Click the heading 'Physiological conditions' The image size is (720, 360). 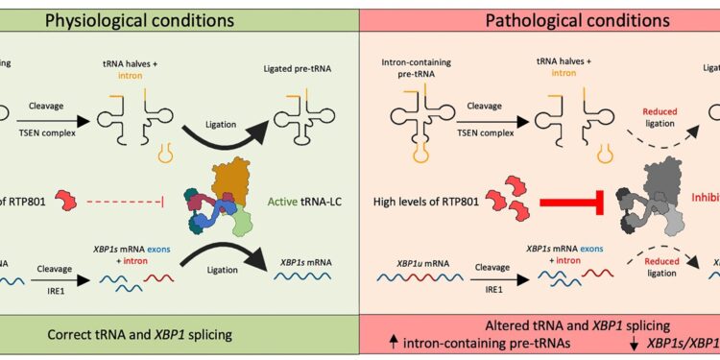(x=175, y=20)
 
